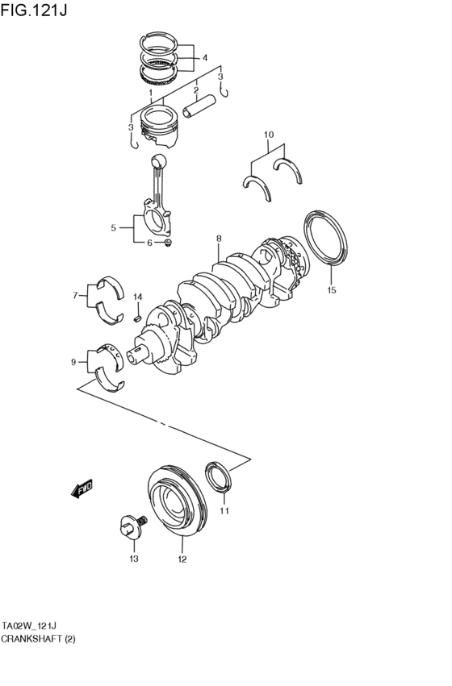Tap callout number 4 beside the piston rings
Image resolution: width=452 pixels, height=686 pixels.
point(204,58)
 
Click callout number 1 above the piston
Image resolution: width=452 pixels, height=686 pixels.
point(150,93)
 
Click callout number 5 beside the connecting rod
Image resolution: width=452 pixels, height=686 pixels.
point(113,228)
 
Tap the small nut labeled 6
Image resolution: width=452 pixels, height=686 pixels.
point(167,243)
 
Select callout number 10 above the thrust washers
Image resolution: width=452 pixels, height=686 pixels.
point(269,135)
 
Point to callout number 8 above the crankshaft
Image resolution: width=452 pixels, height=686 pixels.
point(219,239)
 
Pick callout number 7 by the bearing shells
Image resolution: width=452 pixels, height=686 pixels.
point(73,296)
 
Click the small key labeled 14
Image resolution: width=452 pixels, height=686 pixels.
point(137,317)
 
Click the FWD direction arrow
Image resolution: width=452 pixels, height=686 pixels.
point(82,489)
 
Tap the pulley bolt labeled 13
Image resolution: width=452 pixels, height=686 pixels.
point(128,529)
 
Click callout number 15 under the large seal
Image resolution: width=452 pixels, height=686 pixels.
point(331,290)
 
